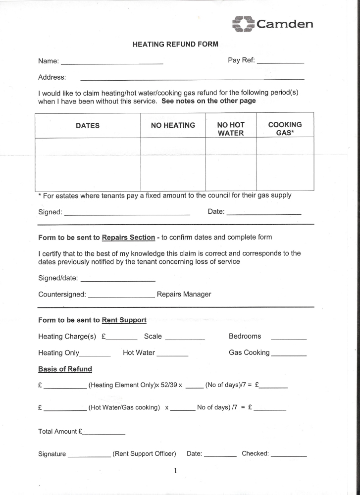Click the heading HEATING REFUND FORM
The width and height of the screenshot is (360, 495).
(175, 44)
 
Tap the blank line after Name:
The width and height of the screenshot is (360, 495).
(111, 63)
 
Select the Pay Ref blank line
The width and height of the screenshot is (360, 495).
(280, 62)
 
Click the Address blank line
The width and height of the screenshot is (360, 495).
(192, 79)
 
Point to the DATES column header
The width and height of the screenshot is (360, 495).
(88, 126)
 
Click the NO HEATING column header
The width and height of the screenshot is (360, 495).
(173, 125)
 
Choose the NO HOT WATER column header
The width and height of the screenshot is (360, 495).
(231, 129)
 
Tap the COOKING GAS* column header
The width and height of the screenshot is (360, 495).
(285, 129)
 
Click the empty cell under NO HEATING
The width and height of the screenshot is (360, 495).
(173, 164)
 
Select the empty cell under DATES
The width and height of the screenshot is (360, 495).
(88, 164)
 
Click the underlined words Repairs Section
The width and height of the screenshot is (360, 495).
(128, 238)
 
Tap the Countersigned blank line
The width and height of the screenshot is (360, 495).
(121, 297)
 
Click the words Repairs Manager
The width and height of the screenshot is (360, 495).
(184, 295)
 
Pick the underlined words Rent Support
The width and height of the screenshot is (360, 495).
(124, 320)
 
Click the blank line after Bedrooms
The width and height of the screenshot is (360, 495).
(289, 339)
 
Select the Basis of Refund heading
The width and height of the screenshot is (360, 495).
(65, 369)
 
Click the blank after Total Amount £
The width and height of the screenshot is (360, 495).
(103, 434)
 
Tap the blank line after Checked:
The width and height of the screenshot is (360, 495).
(289, 455)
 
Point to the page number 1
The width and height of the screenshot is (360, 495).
(175, 470)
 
